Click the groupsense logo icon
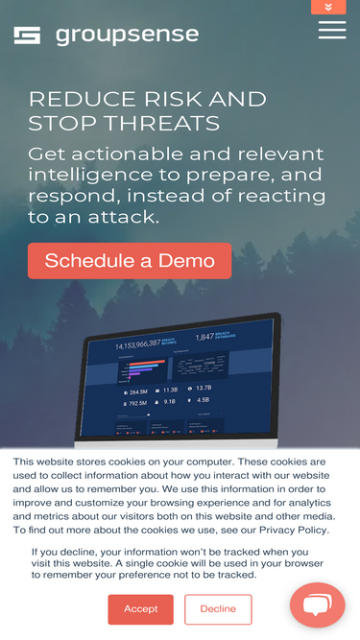pyautogui.click(x=27, y=36)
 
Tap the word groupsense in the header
pyautogui.click(x=127, y=36)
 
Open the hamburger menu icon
pyautogui.click(x=332, y=30)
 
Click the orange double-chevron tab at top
pyautogui.click(x=328, y=7)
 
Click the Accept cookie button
pyautogui.click(x=140, y=609)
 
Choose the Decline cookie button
pyautogui.click(x=218, y=609)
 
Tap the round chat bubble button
pyautogui.click(x=317, y=605)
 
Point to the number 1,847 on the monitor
pyautogui.click(x=205, y=337)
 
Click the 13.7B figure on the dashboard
pyautogui.click(x=203, y=389)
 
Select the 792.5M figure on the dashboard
pyautogui.click(x=138, y=402)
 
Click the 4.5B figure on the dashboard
pyautogui.click(x=203, y=400)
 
